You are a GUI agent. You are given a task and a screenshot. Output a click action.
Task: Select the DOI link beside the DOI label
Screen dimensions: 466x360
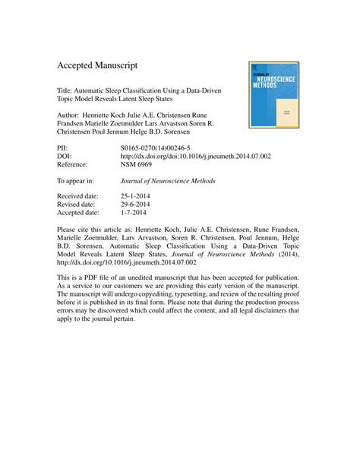pyautogui.click(x=196, y=154)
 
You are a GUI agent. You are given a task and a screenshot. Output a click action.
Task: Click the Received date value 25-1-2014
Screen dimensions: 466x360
pyautogui.click(x=137, y=195)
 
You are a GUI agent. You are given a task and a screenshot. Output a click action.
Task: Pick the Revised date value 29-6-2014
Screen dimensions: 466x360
pyautogui.click(x=137, y=204)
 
